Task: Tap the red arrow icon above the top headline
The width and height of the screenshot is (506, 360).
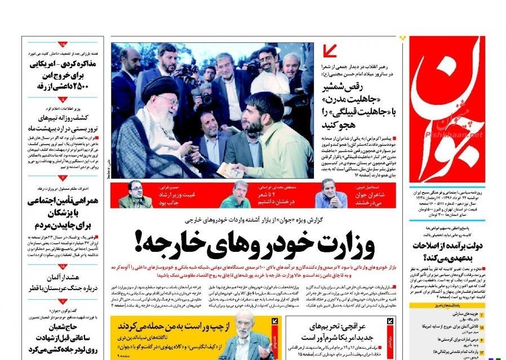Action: click(331, 52)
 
